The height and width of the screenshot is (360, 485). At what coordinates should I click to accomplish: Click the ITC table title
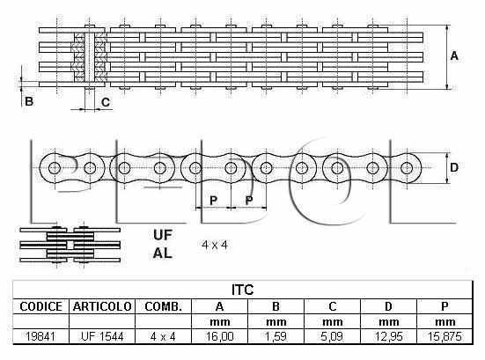(243, 290)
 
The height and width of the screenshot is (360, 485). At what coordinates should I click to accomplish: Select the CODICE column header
(40, 306)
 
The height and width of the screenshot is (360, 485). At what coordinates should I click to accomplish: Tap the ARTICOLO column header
(102, 306)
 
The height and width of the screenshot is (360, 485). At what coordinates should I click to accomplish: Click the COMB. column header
(164, 306)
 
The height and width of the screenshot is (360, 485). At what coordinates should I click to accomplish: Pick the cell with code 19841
(40, 336)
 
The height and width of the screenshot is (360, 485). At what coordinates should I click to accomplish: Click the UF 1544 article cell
(102, 336)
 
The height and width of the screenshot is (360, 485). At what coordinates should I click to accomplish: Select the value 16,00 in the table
(219, 336)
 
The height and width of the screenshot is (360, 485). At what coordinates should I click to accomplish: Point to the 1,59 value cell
(276, 336)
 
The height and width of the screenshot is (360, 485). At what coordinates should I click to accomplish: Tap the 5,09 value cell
(332, 336)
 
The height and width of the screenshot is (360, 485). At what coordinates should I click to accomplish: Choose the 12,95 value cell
(388, 336)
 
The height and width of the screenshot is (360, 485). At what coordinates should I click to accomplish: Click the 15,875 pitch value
(445, 336)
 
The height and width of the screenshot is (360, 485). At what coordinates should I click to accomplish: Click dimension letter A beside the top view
(454, 56)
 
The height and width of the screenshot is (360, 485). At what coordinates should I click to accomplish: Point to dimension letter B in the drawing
(29, 101)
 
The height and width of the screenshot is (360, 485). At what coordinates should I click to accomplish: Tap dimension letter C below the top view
(106, 102)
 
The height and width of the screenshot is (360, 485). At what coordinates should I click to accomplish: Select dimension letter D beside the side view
(454, 167)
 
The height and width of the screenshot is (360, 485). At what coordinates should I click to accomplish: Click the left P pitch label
(213, 201)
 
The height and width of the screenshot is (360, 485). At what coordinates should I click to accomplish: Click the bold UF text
(162, 235)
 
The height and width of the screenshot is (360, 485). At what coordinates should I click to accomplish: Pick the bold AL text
(162, 253)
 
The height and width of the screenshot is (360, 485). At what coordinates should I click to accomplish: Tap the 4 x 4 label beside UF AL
(215, 246)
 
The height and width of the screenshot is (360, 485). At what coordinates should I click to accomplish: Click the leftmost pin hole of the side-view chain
(55, 168)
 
